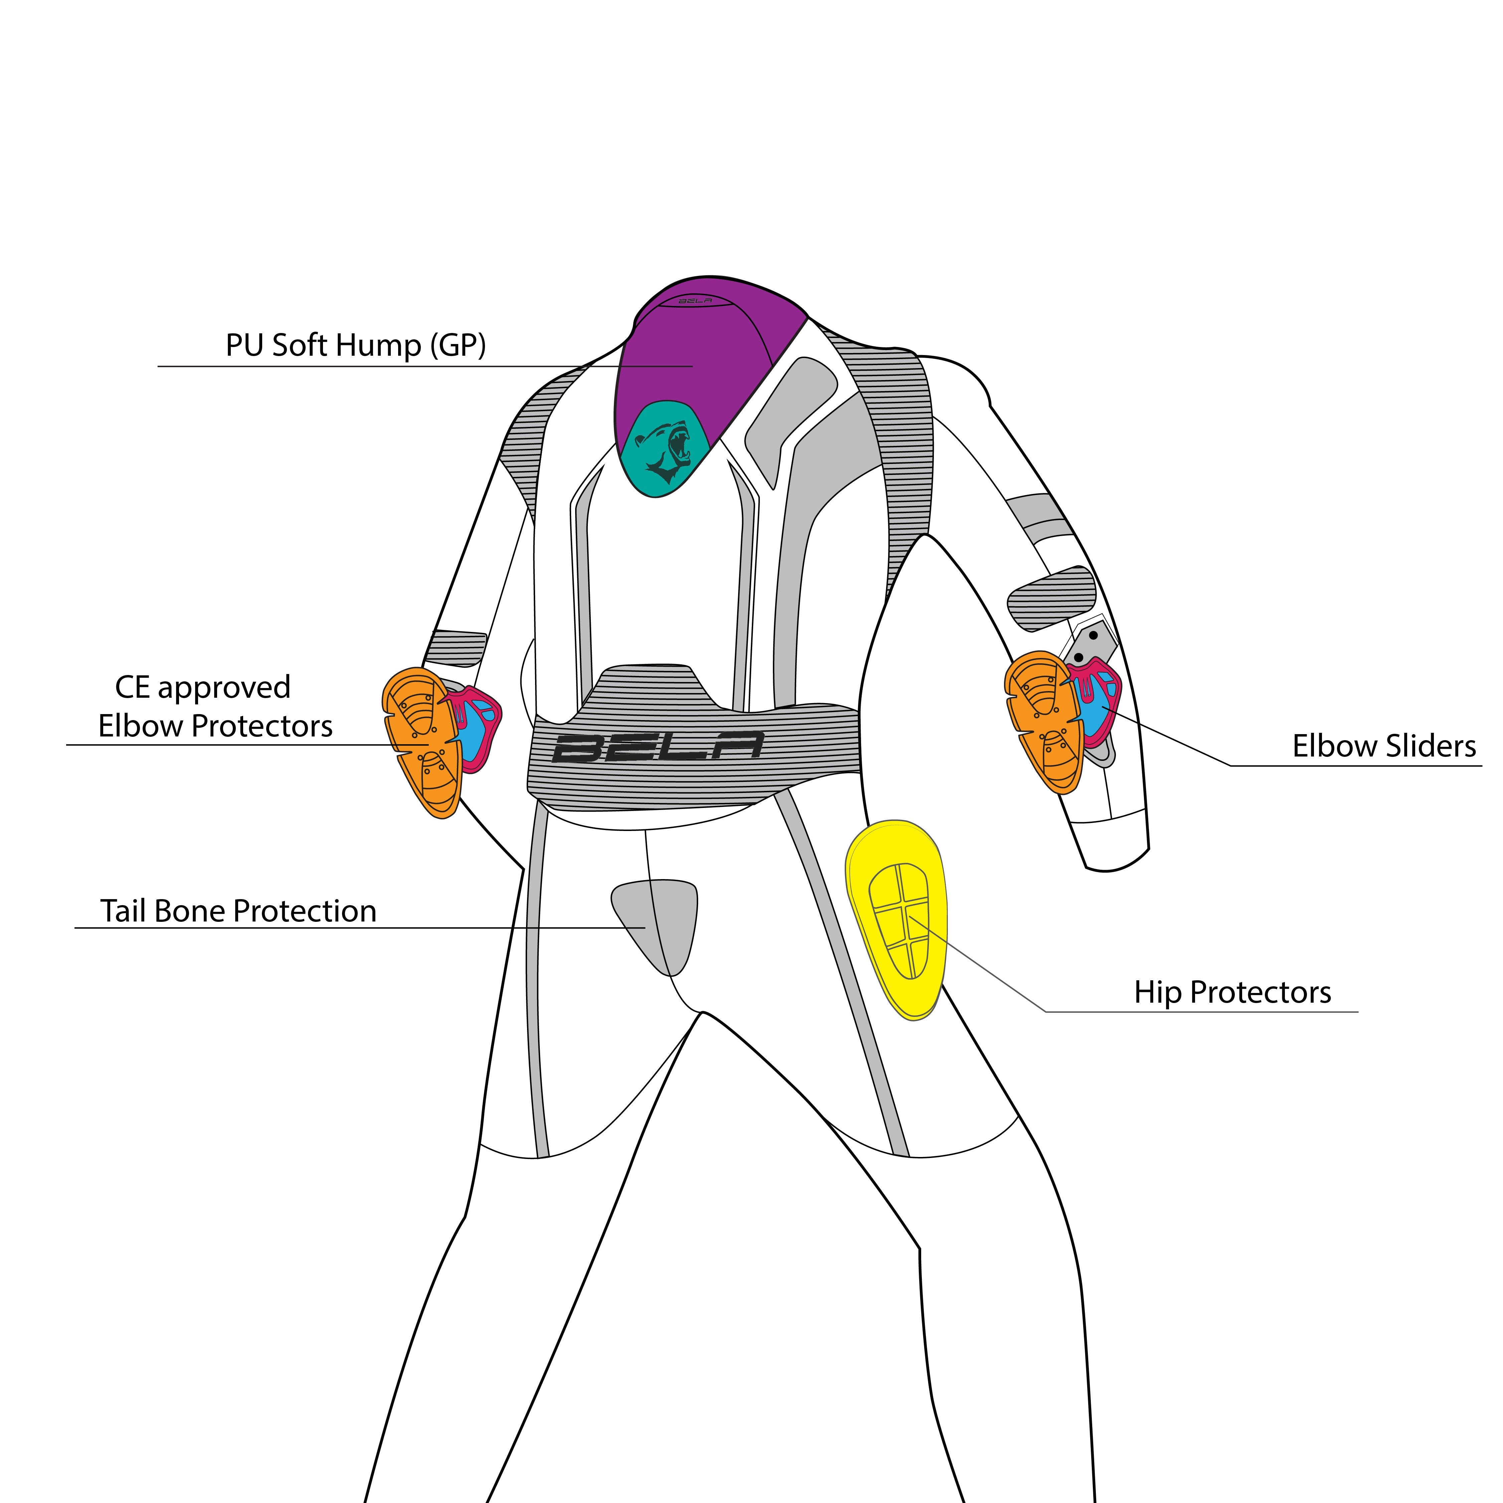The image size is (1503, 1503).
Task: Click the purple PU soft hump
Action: (x=700, y=350)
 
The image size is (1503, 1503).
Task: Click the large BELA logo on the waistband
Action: (x=657, y=747)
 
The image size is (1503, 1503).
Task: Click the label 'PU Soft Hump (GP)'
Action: (x=355, y=345)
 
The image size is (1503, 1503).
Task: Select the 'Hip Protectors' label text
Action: (x=1232, y=992)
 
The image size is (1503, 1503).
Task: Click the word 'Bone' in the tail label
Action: (x=190, y=911)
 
